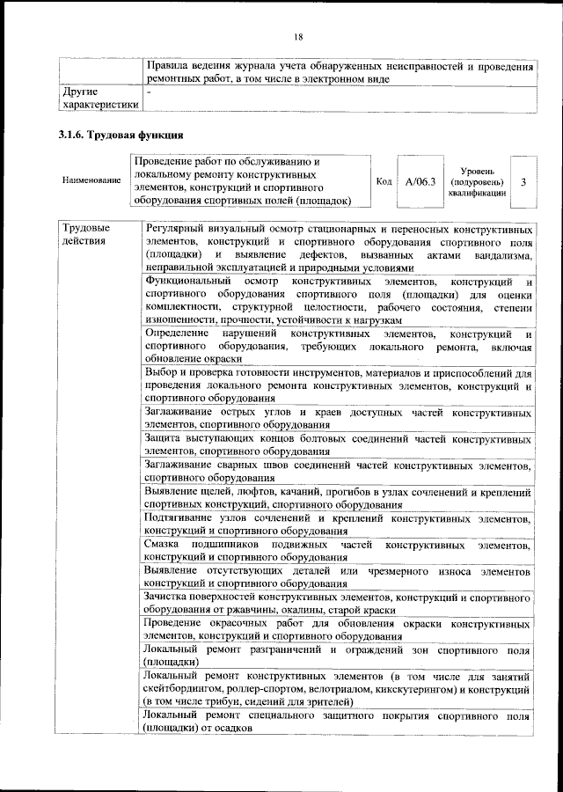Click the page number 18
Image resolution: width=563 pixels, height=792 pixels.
298,36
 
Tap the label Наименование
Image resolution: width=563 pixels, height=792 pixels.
91,180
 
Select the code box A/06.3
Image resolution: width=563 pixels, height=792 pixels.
420,181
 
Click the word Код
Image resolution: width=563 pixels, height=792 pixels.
384,181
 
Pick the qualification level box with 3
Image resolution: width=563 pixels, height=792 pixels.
523,181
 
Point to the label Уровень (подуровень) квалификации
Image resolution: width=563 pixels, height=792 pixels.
476,181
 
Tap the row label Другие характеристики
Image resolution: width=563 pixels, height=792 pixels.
97,98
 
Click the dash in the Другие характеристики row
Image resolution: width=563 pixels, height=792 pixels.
150,92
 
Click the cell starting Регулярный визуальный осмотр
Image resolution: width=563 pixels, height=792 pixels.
339,248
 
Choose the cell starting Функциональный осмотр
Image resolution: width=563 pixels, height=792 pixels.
339,300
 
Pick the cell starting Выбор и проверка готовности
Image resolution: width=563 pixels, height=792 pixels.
339,385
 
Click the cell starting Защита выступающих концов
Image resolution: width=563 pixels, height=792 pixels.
339,445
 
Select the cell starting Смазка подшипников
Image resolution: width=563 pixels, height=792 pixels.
339,550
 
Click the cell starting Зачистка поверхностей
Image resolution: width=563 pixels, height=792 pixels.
339,603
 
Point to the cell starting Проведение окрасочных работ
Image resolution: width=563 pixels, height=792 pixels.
339,629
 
